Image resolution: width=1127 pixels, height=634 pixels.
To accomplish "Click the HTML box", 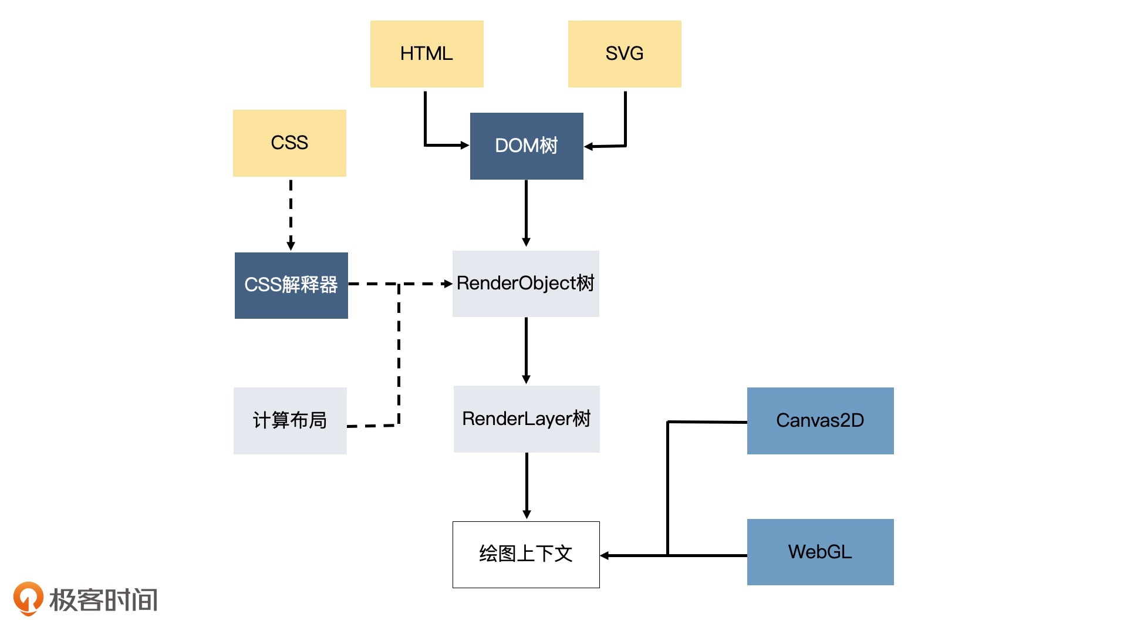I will pos(427,54).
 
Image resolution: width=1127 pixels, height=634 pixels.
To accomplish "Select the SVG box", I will pos(625,54).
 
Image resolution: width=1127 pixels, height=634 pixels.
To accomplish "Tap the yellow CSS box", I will pos(289,143).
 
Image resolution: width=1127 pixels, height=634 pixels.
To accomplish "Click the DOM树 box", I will pos(527,146).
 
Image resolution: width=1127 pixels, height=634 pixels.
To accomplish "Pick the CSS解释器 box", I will pos(291,285).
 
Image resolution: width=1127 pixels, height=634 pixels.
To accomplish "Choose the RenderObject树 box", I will pos(525,284).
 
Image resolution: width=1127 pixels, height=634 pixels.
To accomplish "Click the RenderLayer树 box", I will pos(527,419).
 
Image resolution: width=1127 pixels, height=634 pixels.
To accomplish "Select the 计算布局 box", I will pos(290,420).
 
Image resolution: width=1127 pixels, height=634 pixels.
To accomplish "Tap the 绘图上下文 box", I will pos(526,554).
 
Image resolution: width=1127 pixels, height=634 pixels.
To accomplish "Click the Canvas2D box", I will pos(820,420).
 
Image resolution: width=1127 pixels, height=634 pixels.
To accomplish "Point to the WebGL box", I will pos(820,552).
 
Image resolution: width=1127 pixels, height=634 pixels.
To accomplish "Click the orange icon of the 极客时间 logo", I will pos(28,598).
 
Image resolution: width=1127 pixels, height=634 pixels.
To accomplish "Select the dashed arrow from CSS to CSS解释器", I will pos(291,214).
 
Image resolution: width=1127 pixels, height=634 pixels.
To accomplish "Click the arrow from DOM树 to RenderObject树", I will pos(526,213).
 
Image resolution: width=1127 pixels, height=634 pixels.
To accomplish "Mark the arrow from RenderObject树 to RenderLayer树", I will pos(526,350).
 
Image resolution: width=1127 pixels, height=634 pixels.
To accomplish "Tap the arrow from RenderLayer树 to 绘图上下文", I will pos(527,485).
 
